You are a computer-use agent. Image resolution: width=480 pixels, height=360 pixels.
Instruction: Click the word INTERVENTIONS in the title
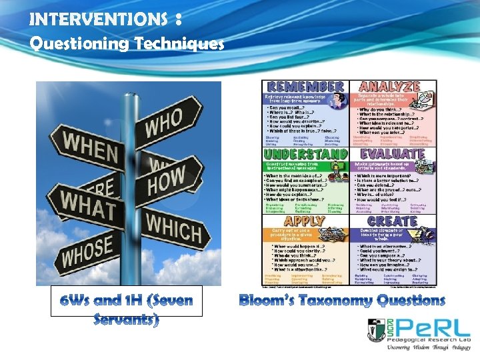tap(99, 19)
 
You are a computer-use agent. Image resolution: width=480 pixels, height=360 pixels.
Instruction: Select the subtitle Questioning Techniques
tap(127, 44)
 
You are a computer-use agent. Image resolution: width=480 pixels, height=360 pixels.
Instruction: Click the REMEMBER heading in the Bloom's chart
tap(305, 87)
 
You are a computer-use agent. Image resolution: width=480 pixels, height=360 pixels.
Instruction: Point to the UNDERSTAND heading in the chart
tap(305, 154)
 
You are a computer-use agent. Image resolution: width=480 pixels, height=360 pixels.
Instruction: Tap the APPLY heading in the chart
tap(305, 221)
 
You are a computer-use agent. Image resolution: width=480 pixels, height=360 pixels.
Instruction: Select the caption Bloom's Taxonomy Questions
tap(341, 300)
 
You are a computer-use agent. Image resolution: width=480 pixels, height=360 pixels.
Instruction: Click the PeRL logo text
tap(433, 327)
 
